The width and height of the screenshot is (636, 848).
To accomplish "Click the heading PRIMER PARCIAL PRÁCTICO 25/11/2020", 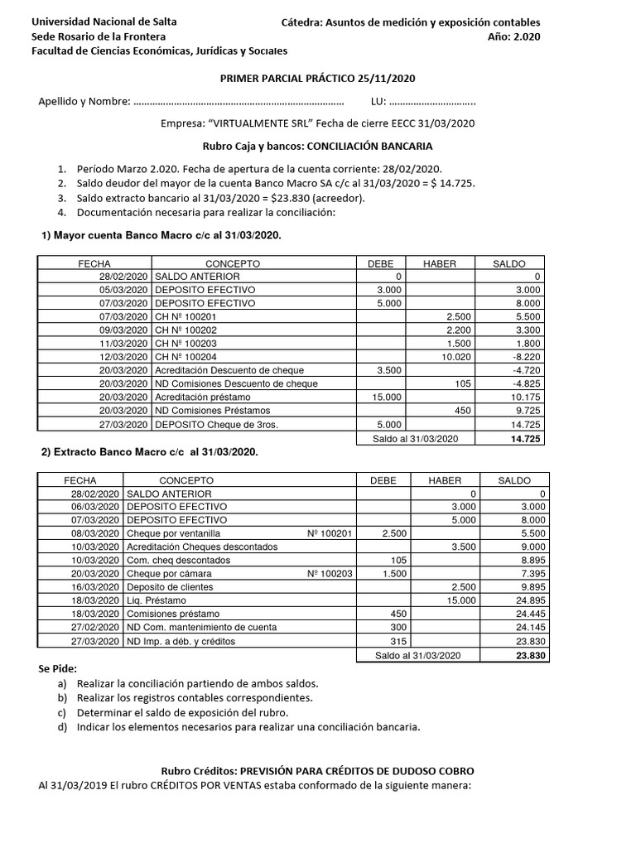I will [317, 78].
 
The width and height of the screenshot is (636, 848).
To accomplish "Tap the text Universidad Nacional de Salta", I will [104, 22].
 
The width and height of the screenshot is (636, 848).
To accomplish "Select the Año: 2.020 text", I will [514, 36].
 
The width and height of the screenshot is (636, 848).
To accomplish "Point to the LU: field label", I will [378, 102].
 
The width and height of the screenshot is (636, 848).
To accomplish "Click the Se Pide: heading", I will [57, 668].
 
